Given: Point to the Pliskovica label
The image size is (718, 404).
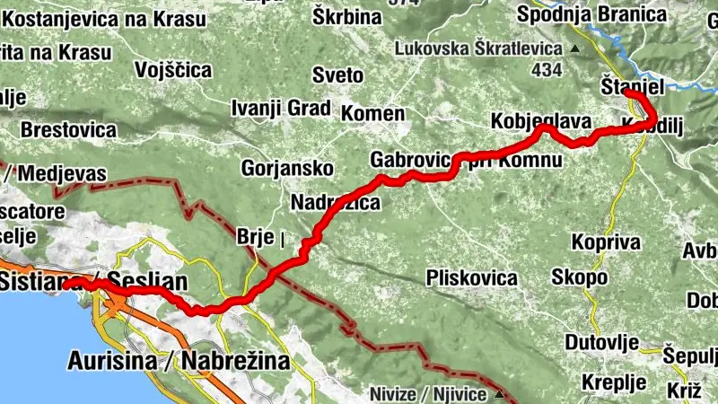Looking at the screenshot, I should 473,277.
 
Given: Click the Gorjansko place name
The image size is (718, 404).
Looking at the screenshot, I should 287,168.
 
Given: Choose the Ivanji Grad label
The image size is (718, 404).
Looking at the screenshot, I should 281,109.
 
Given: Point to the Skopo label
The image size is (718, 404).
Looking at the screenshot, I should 579,277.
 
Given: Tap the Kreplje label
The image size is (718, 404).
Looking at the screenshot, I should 614,382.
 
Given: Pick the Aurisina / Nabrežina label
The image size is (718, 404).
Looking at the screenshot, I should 179,361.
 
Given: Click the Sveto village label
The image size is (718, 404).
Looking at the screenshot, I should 337,75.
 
